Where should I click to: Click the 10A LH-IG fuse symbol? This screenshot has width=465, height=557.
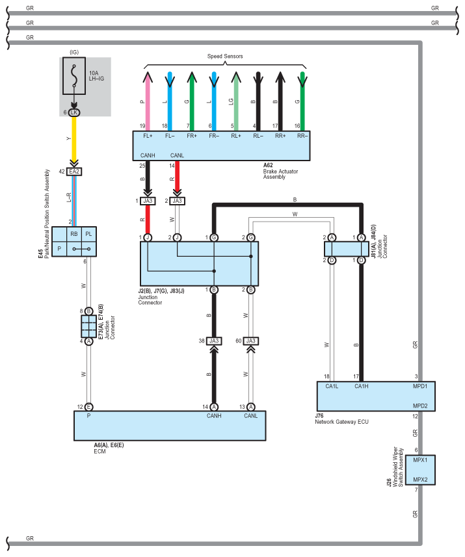click(x=74, y=75)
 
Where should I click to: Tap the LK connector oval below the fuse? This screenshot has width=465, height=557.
click(x=74, y=112)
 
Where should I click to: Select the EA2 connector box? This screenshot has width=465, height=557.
click(x=74, y=172)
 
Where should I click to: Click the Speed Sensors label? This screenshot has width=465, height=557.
click(x=225, y=56)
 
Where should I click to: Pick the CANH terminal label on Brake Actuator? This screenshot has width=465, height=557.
click(x=148, y=155)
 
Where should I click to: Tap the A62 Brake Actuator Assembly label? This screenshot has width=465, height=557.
click(x=280, y=171)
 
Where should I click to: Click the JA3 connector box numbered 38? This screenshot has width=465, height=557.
click(x=214, y=341)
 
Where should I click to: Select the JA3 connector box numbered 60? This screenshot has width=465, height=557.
click(x=250, y=341)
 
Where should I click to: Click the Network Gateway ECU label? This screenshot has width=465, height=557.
click(x=341, y=422)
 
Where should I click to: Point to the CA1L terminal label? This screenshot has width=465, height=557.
click(x=332, y=386)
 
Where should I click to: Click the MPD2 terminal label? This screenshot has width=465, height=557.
click(x=420, y=406)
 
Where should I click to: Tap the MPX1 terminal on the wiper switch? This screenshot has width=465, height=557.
click(x=420, y=460)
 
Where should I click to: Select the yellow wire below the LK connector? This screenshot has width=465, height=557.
click(x=74, y=139)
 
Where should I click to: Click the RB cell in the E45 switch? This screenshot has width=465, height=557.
click(x=74, y=234)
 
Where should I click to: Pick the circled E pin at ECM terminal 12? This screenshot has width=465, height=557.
click(x=89, y=407)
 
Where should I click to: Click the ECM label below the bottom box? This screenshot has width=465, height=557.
click(x=100, y=451)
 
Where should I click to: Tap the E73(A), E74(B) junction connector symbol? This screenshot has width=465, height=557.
click(x=88, y=326)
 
